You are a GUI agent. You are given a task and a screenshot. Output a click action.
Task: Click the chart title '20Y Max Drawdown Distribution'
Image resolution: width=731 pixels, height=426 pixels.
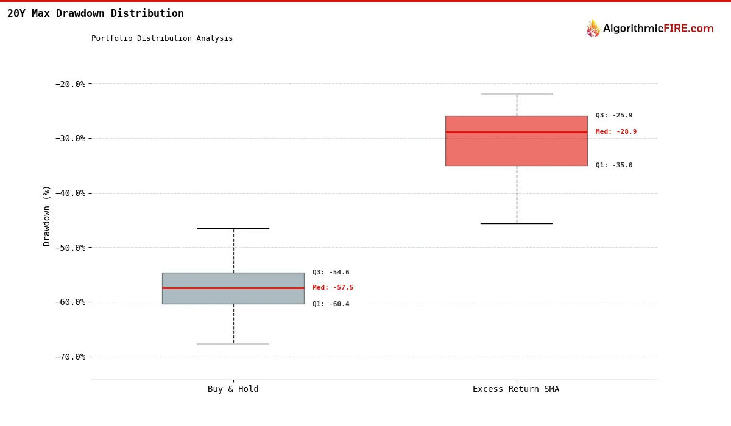tap(95, 13)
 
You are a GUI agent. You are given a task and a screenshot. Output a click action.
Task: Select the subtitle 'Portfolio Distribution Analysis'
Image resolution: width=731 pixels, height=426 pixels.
tap(162, 38)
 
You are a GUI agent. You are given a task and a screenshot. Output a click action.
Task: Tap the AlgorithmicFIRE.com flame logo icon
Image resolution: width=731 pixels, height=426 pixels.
tap(593, 29)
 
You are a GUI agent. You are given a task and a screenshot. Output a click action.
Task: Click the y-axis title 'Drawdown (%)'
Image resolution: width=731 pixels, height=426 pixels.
tap(47, 215)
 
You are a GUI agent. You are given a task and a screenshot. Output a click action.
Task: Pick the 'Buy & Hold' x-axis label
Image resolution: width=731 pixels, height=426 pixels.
tap(233, 389)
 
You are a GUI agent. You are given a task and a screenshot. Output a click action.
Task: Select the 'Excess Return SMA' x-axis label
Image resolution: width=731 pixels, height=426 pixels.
tap(516, 389)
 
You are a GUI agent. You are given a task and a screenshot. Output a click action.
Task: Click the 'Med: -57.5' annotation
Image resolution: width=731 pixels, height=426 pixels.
tap(333, 288)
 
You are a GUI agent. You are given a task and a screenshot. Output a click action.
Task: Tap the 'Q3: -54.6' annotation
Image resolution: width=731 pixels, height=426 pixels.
tap(331, 273)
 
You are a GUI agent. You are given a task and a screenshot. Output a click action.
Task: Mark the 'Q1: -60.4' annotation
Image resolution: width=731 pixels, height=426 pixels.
tap(331, 304)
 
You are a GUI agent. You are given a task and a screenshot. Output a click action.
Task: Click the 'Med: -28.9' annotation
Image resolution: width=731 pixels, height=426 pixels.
tap(616, 132)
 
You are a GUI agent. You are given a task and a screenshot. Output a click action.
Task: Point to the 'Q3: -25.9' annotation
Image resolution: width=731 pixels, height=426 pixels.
tap(614, 116)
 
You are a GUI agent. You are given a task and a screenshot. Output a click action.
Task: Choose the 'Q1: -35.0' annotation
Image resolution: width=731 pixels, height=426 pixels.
tap(614, 166)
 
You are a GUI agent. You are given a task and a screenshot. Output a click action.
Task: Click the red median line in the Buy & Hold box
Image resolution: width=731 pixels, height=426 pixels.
tap(233, 288)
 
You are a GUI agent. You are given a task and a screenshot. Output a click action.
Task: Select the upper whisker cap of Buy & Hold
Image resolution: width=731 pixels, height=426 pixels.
tap(233, 228)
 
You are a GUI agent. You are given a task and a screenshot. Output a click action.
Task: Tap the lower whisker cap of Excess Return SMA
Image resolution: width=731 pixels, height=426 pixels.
tap(516, 223)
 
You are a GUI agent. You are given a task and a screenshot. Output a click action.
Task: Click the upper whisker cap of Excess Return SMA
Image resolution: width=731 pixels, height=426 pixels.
tap(516, 94)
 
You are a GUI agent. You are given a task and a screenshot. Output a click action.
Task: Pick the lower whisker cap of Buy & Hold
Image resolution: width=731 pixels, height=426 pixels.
tap(233, 344)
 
